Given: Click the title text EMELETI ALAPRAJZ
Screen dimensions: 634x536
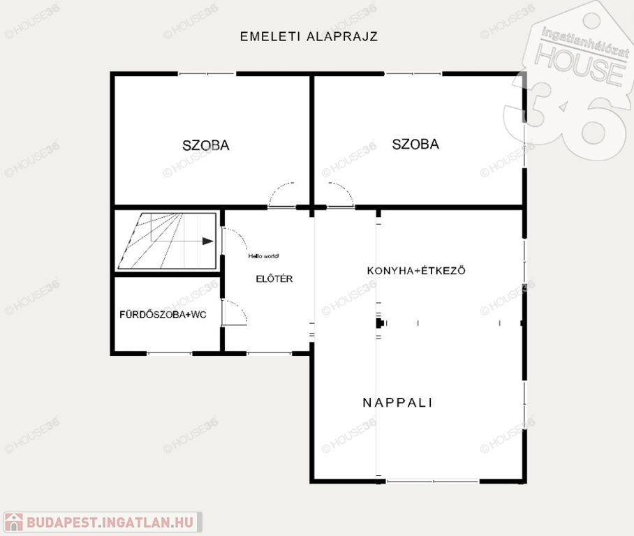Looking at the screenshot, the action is click(x=309, y=36).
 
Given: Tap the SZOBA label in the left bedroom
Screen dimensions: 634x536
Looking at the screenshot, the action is click(x=206, y=146).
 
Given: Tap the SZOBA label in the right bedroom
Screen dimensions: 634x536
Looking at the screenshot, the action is click(x=415, y=144).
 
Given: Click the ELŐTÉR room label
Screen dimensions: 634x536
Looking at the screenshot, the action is click(x=274, y=278).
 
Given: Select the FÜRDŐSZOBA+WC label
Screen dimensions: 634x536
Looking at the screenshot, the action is click(x=163, y=315).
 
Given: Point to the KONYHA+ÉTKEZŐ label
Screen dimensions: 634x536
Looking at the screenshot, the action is click(x=416, y=270).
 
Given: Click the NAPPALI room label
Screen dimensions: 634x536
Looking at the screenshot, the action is click(x=397, y=403).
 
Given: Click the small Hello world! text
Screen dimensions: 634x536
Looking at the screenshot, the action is click(x=264, y=256).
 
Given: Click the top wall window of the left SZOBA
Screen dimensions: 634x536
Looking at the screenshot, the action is click(x=207, y=74).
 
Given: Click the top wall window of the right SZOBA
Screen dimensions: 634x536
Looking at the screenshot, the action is click(x=413, y=74).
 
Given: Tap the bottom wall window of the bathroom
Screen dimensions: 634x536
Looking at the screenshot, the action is click(x=169, y=354).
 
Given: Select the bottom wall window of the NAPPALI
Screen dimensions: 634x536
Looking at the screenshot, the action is click(x=433, y=482).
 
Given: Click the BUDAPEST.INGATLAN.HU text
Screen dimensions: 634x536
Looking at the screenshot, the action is click(x=110, y=522).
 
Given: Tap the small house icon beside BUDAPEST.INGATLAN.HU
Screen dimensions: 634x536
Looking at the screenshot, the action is click(x=14, y=522).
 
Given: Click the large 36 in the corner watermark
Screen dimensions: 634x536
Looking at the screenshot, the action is click(x=566, y=121).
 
